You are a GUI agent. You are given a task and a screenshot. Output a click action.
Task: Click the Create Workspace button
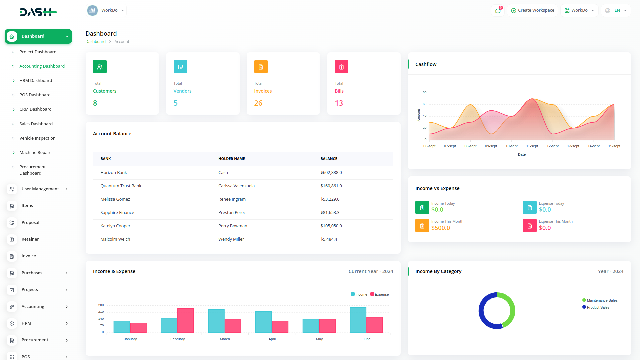[x=532, y=10]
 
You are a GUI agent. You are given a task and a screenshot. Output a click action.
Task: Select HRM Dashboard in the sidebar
[x=36, y=80]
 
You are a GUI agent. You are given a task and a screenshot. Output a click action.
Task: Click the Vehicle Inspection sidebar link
[x=37, y=138]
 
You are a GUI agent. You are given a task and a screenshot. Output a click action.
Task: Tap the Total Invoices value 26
[x=258, y=103]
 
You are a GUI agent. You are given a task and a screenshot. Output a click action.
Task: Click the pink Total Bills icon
[x=341, y=67]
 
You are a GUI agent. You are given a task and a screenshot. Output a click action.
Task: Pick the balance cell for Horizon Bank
[x=331, y=172]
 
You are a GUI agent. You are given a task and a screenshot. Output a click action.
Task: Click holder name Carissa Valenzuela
[x=236, y=186]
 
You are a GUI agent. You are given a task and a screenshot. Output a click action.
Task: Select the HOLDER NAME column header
[x=231, y=159]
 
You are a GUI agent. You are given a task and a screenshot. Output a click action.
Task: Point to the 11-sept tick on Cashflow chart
[x=532, y=146]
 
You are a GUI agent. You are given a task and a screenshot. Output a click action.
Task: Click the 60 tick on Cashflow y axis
[x=424, y=104]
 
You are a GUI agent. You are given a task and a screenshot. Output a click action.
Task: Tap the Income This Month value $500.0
[x=440, y=228]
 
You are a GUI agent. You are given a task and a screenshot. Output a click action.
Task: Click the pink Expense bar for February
[x=186, y=320]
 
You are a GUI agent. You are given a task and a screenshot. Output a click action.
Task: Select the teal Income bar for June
[x=358, y=320]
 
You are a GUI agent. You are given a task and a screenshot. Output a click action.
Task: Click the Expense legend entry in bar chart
[x=380, y=294]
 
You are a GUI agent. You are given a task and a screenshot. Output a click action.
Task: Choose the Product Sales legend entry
[x=598, y=307]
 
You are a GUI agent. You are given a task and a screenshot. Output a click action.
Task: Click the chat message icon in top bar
[x=498, y=11]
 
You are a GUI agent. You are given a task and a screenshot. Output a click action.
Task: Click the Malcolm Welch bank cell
[x=115, y=239]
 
